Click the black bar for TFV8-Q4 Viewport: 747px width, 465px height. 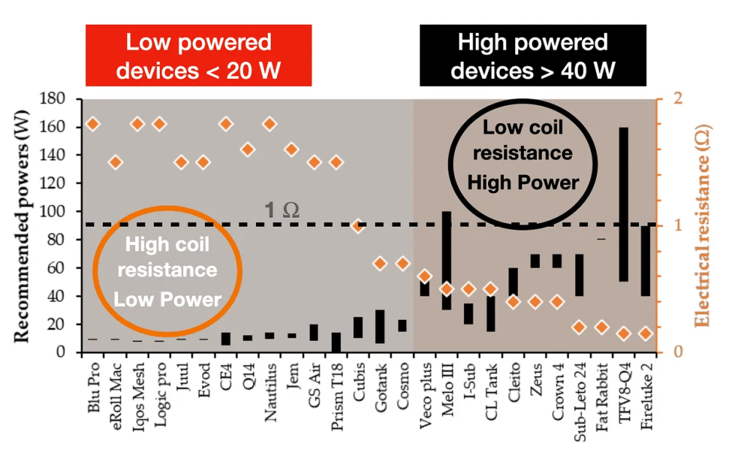[x=624, y=204]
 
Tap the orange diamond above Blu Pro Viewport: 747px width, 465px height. [x=93, y=124]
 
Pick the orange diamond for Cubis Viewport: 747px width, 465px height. [x=358, y=226]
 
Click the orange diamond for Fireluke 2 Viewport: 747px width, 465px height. [x=645, y=333]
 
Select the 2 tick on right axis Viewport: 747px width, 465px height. [x=666, y=98]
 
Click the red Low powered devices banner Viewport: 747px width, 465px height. [x=198, y=56]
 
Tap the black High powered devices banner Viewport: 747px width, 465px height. [x=533, y=56]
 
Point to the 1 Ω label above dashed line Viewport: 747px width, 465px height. [x=281, y=211]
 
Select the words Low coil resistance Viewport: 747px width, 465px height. [x=523, y=140]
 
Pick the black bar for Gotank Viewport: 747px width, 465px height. [x=380, y=327]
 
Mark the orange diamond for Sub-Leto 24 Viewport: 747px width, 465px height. [x=579, y=327]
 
